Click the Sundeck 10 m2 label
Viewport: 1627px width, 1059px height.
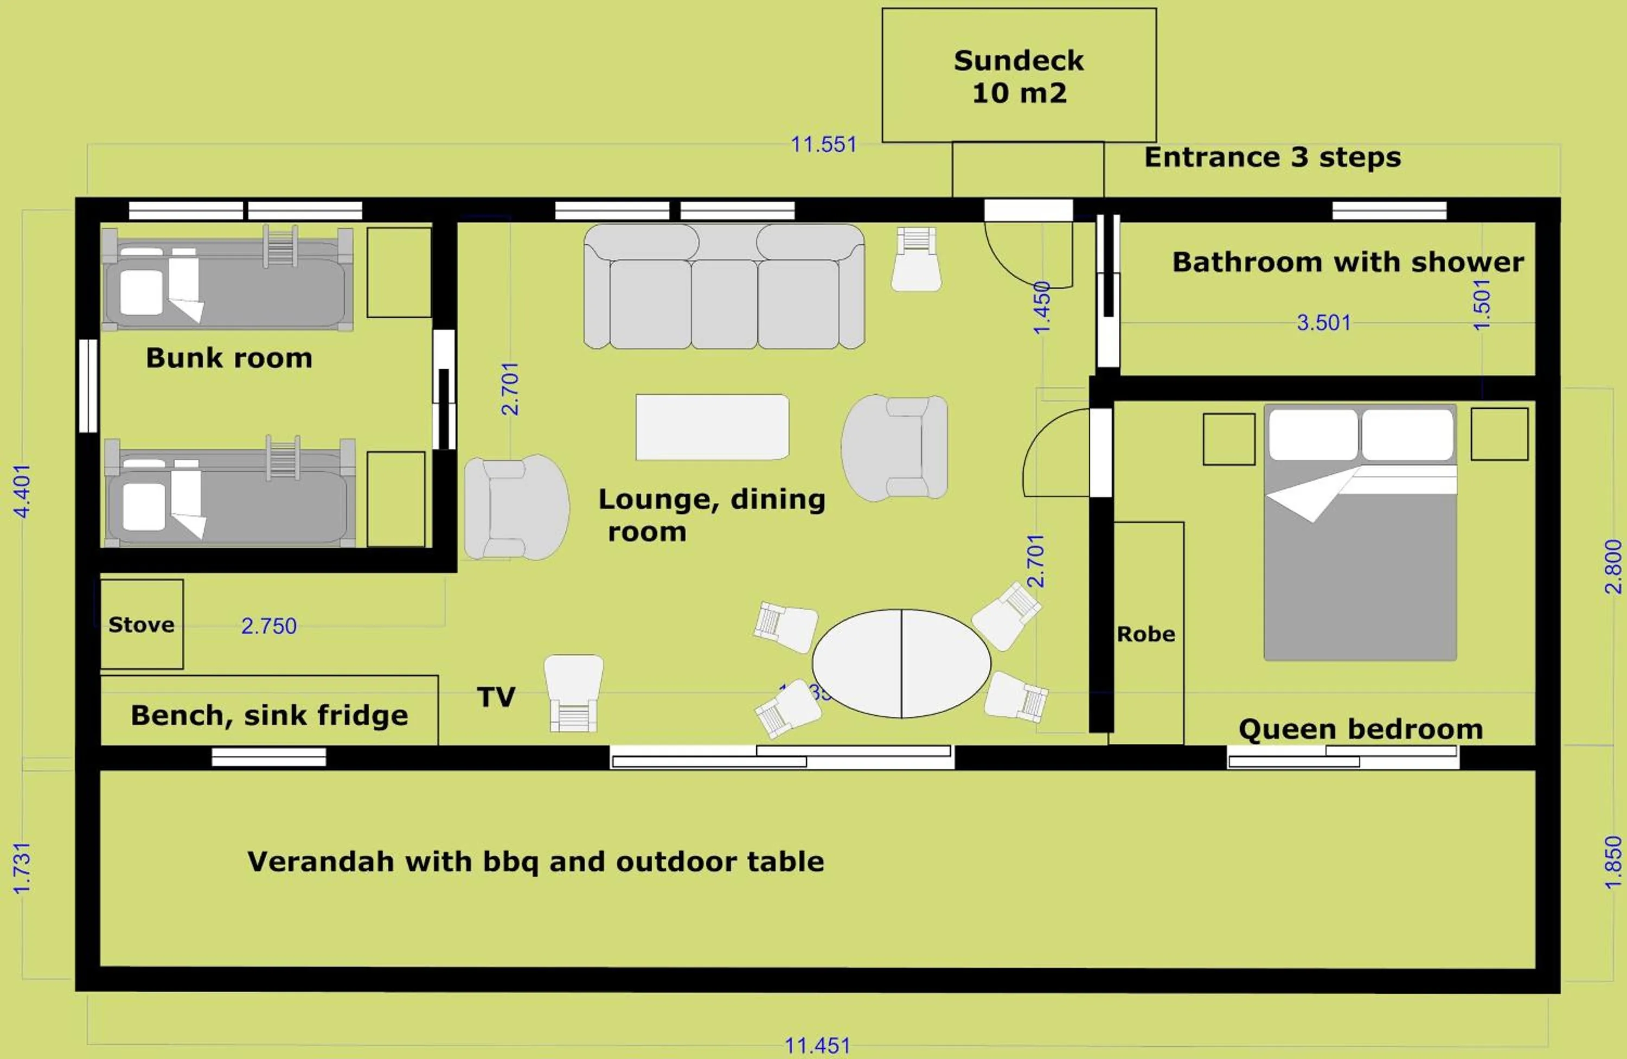pyautogui.click(x=1019, y=76)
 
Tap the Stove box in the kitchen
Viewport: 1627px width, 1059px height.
pyautogui.click(x=142, y=624)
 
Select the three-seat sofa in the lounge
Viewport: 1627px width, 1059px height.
pyautogui.click(x=724, y=287)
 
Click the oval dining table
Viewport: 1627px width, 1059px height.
pyautogui.click(x=901, y=663)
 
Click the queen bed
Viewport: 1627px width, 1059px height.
pyautogui.click(x=1360, y=533)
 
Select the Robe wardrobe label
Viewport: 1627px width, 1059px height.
pyautogui.click(x=1146, y=634)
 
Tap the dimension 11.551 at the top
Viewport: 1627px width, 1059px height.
pyautogui.click(x=823, y=145)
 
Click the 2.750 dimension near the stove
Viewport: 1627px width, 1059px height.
pyautogui.click(x=268, y=626)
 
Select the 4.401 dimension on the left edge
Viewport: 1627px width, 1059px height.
pyautogui.click(x=23, y=491)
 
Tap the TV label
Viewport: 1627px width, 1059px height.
pyautogui.click(x=496, y=697)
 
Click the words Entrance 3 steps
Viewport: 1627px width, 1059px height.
pyautogui.click(x=1272, y=157)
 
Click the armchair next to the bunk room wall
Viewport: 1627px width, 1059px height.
pyautogui.click(x=516, y=507)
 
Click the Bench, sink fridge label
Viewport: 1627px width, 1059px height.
pyautogui.click(x=270, y=715)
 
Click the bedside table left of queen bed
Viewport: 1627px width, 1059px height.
pyautogui.click(x=1228, y=439)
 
